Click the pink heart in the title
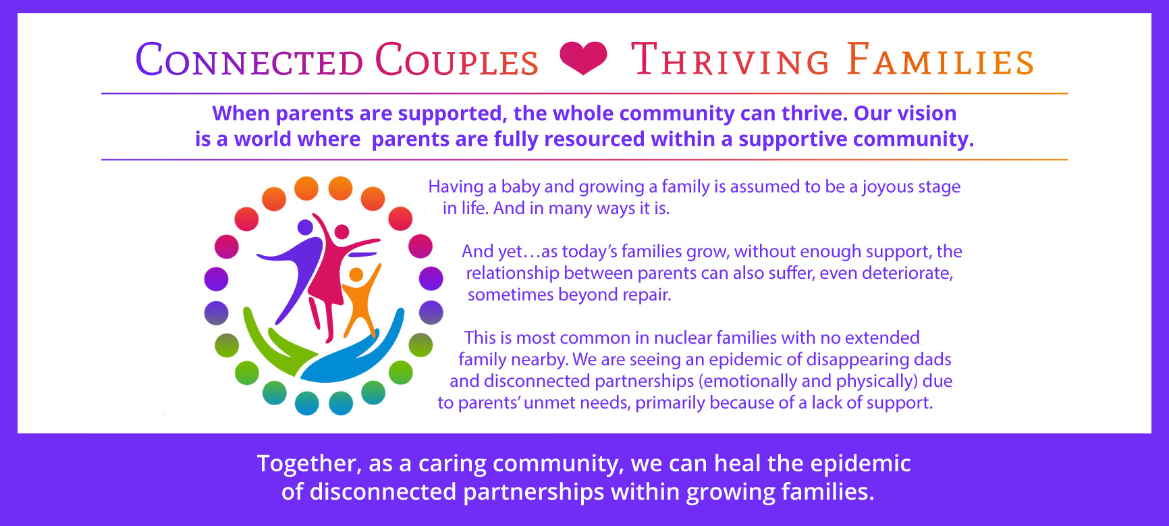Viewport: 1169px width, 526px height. point(584,58)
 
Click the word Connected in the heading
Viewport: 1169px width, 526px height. point(250,59)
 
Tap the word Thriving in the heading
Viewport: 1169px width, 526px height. point(730,59)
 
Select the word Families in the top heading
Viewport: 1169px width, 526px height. point(941,59)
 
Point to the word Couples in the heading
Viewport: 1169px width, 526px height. point(457,59)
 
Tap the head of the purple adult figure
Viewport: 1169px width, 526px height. point(305,227)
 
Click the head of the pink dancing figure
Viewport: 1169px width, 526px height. point(342,232)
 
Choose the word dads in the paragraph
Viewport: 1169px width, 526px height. point(933,359)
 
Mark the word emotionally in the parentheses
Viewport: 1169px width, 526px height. point(749,382)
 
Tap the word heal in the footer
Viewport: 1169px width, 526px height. point(738,463)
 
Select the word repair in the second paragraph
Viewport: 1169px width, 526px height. point(648,296)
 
